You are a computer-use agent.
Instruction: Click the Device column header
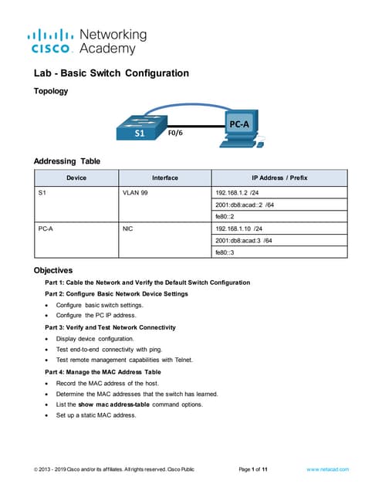[76, 178]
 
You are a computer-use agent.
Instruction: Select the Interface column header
[164, 178]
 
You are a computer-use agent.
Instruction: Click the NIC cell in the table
[128, 228]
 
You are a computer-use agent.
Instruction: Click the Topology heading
[51, 91]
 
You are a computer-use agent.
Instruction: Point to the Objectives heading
[52, 271]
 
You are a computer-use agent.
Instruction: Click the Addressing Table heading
[67, 161]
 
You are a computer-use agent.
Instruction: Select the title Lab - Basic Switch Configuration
[111, 74]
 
